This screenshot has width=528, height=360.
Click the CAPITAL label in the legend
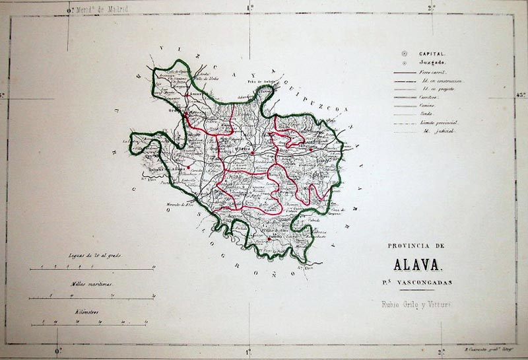click(x=433, y=53)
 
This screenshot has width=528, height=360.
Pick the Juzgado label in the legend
click(x=432, y=62)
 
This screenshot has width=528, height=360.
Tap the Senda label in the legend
click(x=426, y=114)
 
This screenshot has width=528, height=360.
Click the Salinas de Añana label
click(x=171, y=169)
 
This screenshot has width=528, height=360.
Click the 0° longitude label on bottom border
click(x=57, y=351)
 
